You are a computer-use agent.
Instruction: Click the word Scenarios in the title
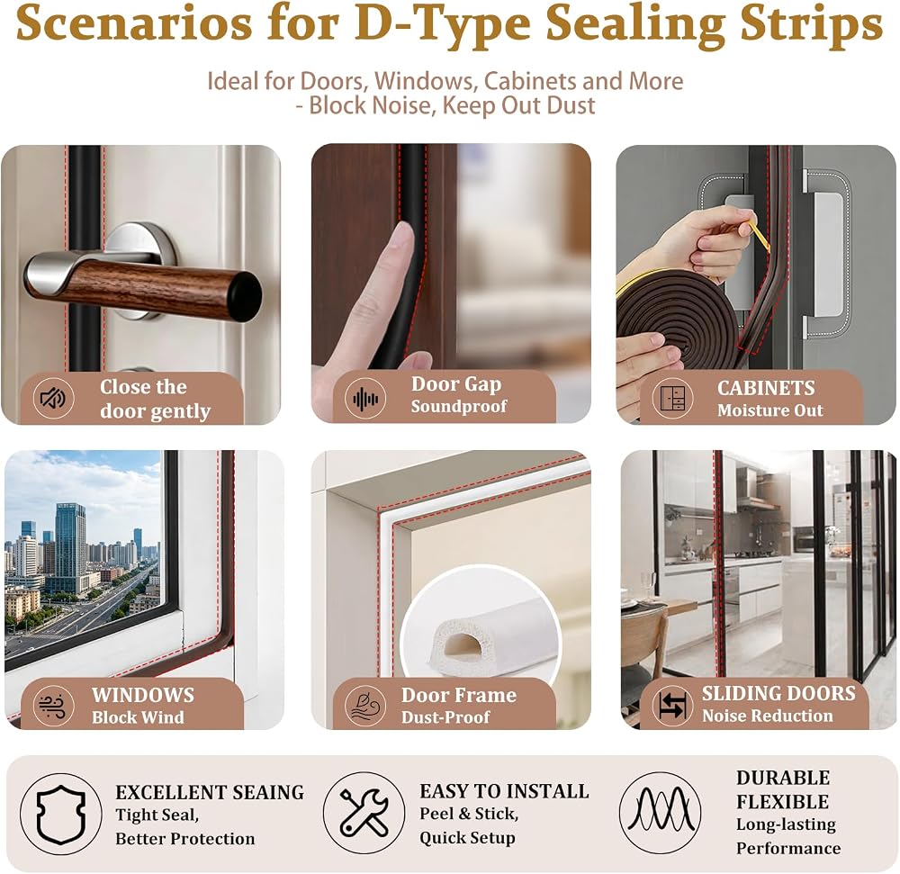click(134, 24)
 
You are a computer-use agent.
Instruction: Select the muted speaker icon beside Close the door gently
click(53, 398)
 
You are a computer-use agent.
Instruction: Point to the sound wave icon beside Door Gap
click(365, 398)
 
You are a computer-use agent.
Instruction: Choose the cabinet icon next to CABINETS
click(672, 398)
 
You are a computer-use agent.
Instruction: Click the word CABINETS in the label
click(766, 388)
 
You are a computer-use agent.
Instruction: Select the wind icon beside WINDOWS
click(53, 706)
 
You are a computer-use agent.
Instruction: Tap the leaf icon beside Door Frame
click(365, 706)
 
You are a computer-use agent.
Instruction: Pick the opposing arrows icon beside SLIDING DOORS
click(672, 706)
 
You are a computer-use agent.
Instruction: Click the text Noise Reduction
click(768, 716)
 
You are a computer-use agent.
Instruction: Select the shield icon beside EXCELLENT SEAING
click(61, 815)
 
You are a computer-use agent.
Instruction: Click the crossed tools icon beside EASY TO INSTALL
click(364, 813)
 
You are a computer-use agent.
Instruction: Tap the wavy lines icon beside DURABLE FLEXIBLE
click(661, 813)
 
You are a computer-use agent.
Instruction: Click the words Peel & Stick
click(469, 814)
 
